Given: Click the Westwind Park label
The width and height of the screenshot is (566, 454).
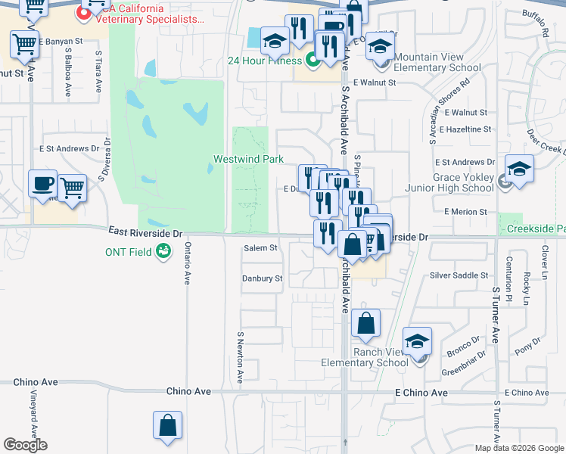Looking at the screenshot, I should (x=248, y=159).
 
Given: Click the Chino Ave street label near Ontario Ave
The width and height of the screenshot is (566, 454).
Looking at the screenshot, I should (x=188, y=392).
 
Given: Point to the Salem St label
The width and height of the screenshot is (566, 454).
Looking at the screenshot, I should (x=261, y=247).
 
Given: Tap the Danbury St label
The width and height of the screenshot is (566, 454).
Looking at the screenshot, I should (x=262, y=278).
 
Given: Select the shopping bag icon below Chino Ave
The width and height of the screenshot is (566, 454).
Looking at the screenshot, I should (x=167, y=425).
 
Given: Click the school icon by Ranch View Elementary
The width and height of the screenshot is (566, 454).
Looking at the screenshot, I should (x=417, y=341).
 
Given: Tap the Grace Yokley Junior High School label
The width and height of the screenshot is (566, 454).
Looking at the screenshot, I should (x=462, y=183).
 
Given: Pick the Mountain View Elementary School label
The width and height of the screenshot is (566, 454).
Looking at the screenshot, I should (x=437, y=62).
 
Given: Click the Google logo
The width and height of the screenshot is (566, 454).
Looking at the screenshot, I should (x=25, y=445).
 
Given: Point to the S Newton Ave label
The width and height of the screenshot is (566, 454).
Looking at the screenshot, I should (x=240, y=357).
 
